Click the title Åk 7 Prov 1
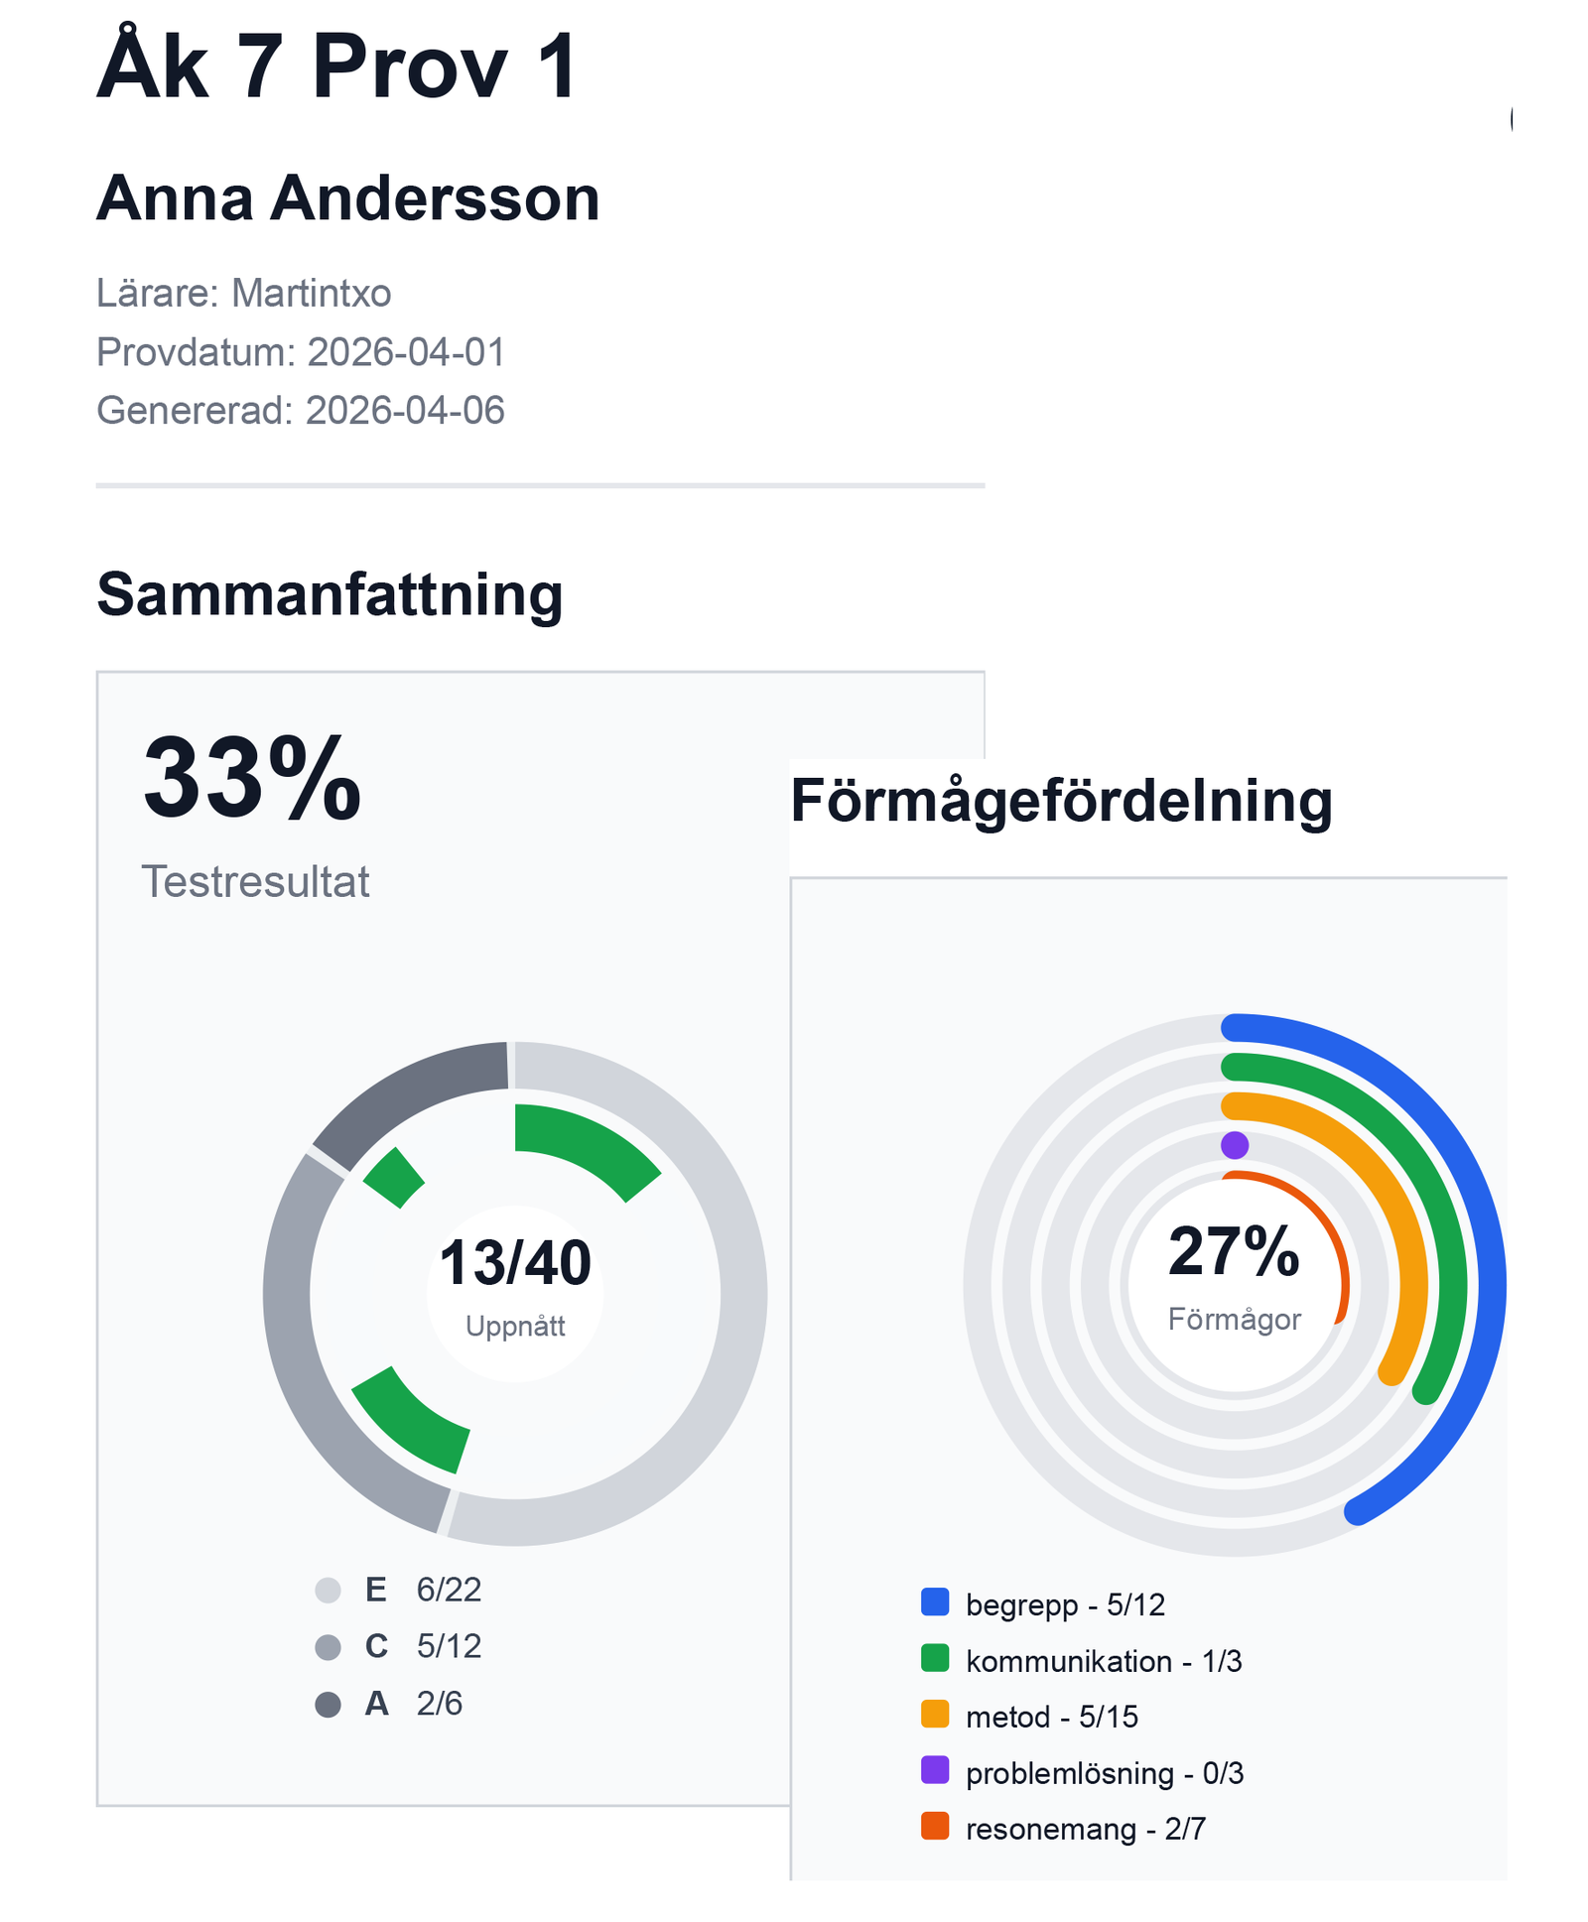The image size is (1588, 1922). click(335, 67)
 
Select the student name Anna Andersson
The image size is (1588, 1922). click(347, 198)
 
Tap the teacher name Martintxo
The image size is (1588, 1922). click(311, 293)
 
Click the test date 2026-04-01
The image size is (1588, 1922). click(406, 351)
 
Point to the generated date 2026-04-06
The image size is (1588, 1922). click(404, 410)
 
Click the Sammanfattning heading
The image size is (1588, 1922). click(329, 594)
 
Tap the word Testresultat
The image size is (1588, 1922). click(255, 881)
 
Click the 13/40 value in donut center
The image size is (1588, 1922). click(514, 1264)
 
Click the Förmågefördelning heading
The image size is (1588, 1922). click(1060, 800)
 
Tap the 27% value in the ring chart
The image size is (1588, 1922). click(1233, 1252)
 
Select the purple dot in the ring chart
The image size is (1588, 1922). click(1234, 1145)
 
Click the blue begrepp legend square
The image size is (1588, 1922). click(934, 1602)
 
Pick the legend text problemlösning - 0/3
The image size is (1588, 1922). click(1104, 1773)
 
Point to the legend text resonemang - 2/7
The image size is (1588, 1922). click(1085, 1829)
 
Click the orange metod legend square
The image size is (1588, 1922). click(934, 1715)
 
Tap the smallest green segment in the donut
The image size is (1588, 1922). click(395, 1178)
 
